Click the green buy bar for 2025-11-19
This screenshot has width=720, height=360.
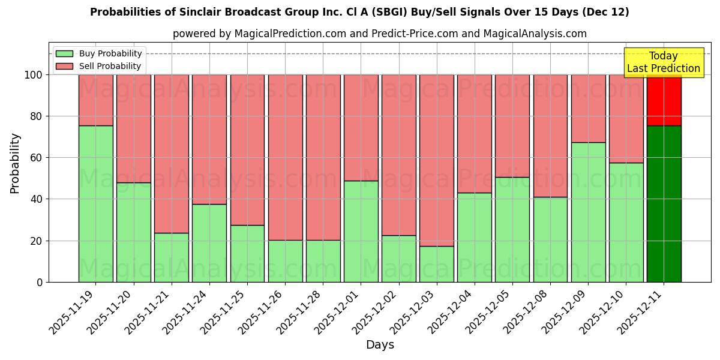point(95,204)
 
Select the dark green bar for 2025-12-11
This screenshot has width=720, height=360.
point(664,204)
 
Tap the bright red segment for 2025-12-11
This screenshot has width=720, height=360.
point(664,100)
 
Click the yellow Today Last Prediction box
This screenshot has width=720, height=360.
point(663,62)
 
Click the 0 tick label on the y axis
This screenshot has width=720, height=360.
point(40,282)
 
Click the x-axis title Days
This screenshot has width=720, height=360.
point(380,345)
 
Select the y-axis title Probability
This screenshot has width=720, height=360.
point(15,163)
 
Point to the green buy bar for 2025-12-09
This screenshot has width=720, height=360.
point(588,212)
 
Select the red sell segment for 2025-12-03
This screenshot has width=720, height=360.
point(436,160)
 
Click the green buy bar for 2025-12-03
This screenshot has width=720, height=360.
point(436,264)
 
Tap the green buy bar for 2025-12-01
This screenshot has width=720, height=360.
point(361,232)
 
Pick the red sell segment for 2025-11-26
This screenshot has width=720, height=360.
point(285,157)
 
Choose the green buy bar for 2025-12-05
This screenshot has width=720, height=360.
point(512,229)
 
